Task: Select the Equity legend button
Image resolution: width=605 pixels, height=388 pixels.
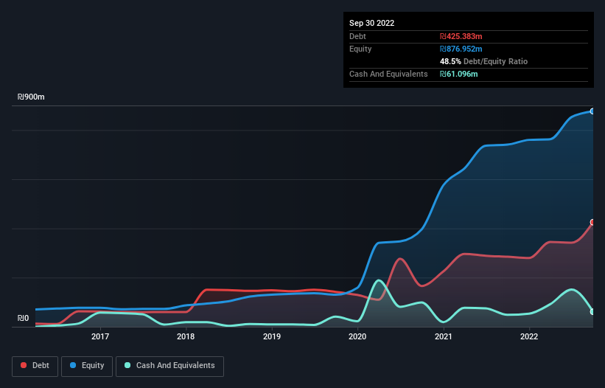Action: tap(87, 366)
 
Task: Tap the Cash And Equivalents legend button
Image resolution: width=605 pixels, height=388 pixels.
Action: tap(169, 366)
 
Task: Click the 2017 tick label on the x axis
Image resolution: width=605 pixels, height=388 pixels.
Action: tap(100, 337)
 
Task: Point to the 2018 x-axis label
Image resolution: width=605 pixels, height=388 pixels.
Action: tap(186, 337)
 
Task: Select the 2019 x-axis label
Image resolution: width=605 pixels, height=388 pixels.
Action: tap(272, 337)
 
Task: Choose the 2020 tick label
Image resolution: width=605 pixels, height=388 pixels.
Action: tap(357, 337)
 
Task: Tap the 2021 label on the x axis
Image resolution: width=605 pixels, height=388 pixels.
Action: tap(444, 337)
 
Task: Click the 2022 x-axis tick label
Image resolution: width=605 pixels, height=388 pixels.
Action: tap(529, 337)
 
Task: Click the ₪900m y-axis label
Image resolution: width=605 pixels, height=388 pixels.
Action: tap(32, 97)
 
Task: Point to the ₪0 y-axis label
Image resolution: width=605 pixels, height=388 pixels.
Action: tap(24, 319)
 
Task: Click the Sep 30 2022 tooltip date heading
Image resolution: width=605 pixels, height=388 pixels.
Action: tap(371, 23)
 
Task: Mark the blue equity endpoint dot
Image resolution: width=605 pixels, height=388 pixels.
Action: tap(592, 111)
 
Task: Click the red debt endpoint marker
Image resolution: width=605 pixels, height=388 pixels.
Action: tap(592, 222)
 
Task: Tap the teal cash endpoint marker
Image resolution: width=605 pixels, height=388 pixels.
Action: tap(592, 312)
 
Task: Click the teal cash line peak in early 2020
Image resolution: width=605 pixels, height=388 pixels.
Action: tap(378, 280)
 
